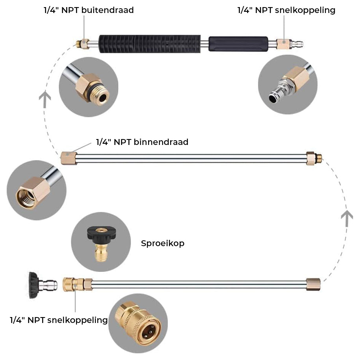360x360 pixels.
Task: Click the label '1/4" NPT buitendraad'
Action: [89, 10]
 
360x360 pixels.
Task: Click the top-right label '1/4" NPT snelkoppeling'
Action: [286, 10]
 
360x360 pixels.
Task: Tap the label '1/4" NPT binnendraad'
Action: [142, 142]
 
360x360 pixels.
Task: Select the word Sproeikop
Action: [163, 243]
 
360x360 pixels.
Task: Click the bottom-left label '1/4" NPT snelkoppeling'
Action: [59, 320]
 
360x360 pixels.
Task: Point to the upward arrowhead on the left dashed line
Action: [46, 98]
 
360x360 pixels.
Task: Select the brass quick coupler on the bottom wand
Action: [73, 284]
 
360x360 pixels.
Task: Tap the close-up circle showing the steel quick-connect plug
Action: [288, 85]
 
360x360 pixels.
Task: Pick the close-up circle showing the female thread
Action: [36, 190]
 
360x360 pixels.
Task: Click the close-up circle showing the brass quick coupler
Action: [138, 323]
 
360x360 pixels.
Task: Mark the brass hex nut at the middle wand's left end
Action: [68, 158]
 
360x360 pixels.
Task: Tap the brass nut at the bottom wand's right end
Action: [314, 284]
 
